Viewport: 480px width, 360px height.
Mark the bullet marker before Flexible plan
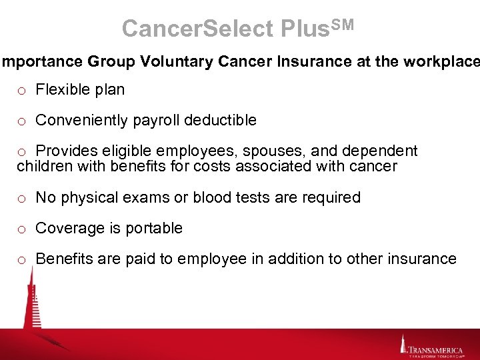22,91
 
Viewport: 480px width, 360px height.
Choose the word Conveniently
81,120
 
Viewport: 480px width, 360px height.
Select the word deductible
220,120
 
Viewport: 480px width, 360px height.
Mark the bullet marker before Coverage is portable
22,229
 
